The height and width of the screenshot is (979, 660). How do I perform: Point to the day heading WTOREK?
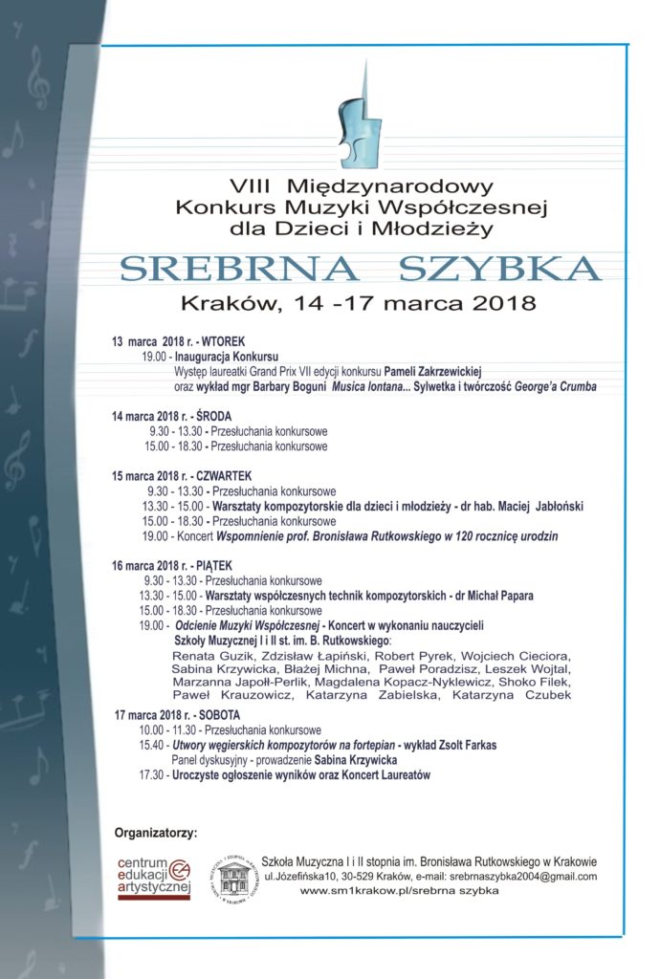(230, 340)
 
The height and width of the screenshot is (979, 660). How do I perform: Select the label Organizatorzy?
(155, 833)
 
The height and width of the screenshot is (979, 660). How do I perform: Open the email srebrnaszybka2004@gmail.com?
(515, 876)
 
